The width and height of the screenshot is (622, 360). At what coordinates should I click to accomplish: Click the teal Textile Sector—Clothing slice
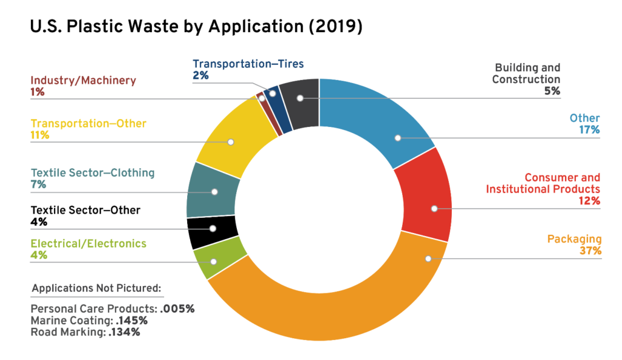coord(210,189)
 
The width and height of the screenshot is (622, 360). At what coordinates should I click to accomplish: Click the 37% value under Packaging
coord(591,251)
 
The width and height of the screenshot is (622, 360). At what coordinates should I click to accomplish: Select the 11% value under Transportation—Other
coord(40,135)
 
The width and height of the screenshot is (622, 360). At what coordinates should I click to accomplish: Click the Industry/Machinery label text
coord(83,80)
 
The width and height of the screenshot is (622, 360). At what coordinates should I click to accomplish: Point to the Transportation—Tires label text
coord(248,64)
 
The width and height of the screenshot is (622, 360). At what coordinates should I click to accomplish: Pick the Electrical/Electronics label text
coord(89,243)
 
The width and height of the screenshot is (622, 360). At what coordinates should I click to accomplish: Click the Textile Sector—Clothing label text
coord(92,172)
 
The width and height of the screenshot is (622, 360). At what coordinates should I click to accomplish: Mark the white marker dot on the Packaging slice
coord(428,259)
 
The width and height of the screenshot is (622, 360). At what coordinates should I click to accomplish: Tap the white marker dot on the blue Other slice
coord(398,138)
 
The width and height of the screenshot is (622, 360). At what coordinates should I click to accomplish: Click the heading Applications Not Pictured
coord(97,288)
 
